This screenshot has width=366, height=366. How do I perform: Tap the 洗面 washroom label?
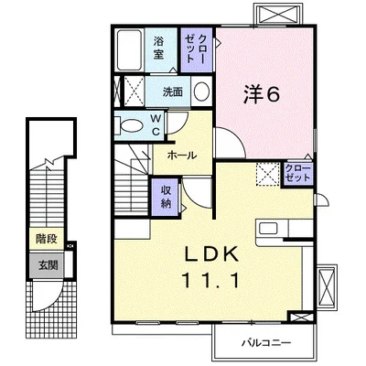click(173, 92)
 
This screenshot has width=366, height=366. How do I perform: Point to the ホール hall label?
click(179, 156)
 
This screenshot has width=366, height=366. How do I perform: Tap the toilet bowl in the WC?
click(131, 126)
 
